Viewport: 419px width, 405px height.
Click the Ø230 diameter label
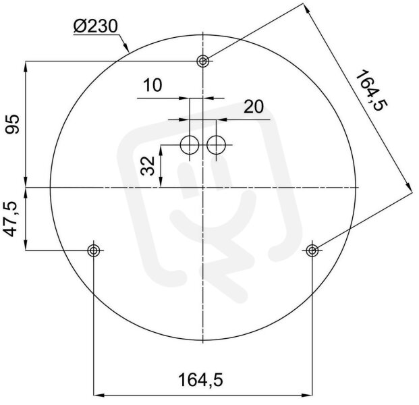coord(95,26)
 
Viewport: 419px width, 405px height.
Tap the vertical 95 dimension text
coord(13,124)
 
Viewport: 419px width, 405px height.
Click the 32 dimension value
coord(148,166)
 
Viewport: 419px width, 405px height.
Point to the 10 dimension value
coord(152,85)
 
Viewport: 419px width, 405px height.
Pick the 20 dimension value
coord(254,107)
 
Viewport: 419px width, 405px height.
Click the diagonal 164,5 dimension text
coord(371,90)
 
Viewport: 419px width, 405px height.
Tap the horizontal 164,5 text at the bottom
coord(200,381)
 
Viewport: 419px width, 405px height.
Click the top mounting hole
coord(203,61)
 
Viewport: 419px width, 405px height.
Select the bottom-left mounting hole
coord(94,250)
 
